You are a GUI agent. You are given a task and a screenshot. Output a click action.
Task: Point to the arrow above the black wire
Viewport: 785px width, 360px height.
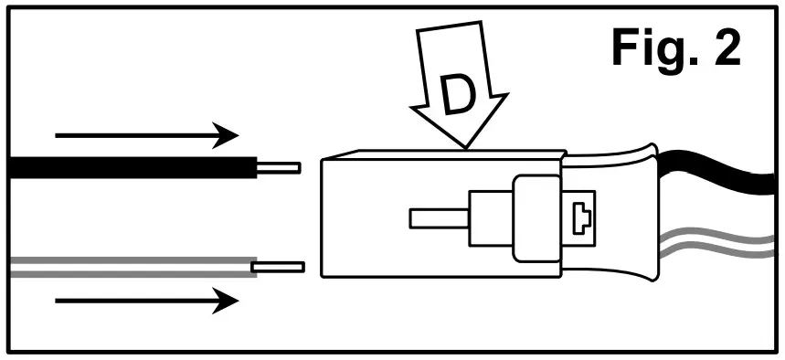(x=146, y=137)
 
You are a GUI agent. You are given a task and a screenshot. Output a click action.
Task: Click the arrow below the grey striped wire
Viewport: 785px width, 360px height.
(x=146, y=300)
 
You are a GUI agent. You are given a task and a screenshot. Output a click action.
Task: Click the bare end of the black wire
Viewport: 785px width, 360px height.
(x=279, y=168)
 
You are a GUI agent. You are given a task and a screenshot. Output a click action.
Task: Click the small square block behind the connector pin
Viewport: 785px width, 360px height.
(x=489, y=218)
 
